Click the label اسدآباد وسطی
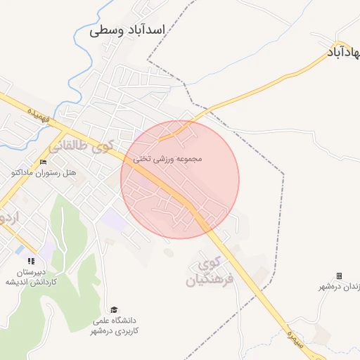point(127,31)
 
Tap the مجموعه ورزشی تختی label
point(167,159)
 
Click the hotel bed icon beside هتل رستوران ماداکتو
point(44,163)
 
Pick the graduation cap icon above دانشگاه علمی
point(114,310)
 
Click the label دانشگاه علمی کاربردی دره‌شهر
point(116,326)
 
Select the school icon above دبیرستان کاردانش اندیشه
point(30,262)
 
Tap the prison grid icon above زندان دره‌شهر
point(339,276)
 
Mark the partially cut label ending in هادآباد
point(344,52)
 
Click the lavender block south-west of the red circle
point(114,220)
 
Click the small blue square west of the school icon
point(18,250)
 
